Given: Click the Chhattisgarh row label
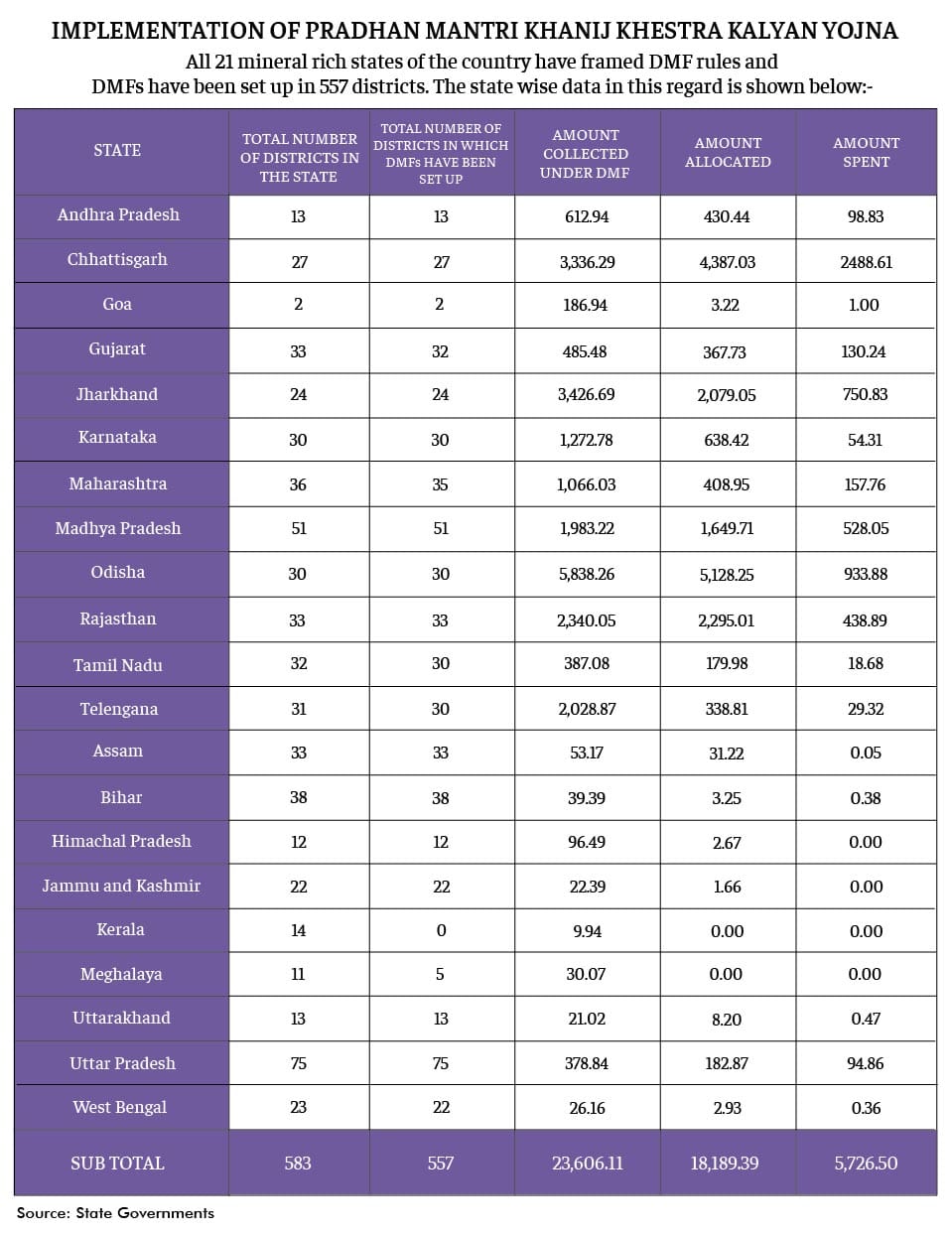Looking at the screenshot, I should [117, 260].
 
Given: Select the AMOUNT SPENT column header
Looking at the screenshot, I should [866, 152].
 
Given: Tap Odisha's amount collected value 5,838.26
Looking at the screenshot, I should [587, 575].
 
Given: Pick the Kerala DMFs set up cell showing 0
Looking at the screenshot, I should [441, 931].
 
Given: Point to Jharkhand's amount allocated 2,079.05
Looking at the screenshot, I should [726, 395].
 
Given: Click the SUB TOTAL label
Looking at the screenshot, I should [117, 1164].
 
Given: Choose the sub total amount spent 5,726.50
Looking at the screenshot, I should [866, 1164].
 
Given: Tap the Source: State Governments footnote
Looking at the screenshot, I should [115, 1213].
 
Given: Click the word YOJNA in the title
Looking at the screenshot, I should [860, 31].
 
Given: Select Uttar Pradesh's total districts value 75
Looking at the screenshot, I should [298, 1064].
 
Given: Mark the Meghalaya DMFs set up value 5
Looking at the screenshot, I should [440, 975].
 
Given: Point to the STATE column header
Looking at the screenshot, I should [117, 150].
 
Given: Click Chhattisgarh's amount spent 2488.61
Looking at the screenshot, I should [866, 263].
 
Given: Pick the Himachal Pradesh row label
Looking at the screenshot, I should [121, 842].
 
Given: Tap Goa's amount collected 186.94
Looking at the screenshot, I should [585, 306].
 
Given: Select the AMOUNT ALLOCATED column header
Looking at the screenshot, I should [728, 152].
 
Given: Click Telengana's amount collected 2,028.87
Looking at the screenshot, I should [587, 710].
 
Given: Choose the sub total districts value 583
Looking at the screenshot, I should [298, 1164].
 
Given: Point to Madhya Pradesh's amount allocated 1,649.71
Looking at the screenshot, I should [727, 529].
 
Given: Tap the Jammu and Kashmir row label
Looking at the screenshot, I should [121, 887].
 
